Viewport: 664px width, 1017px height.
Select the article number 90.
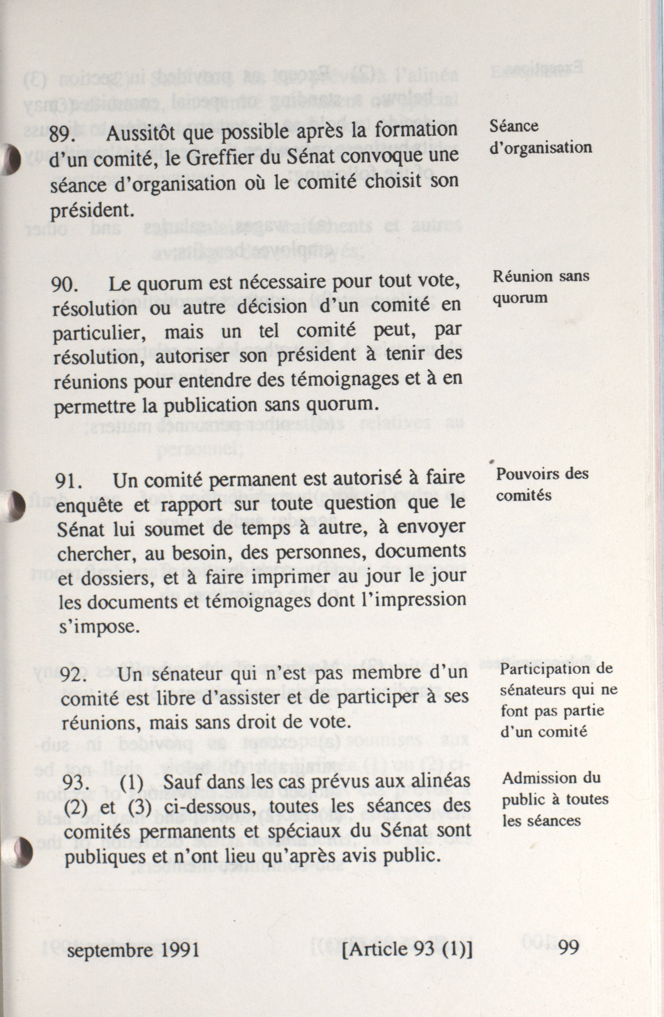coord(64,285)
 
